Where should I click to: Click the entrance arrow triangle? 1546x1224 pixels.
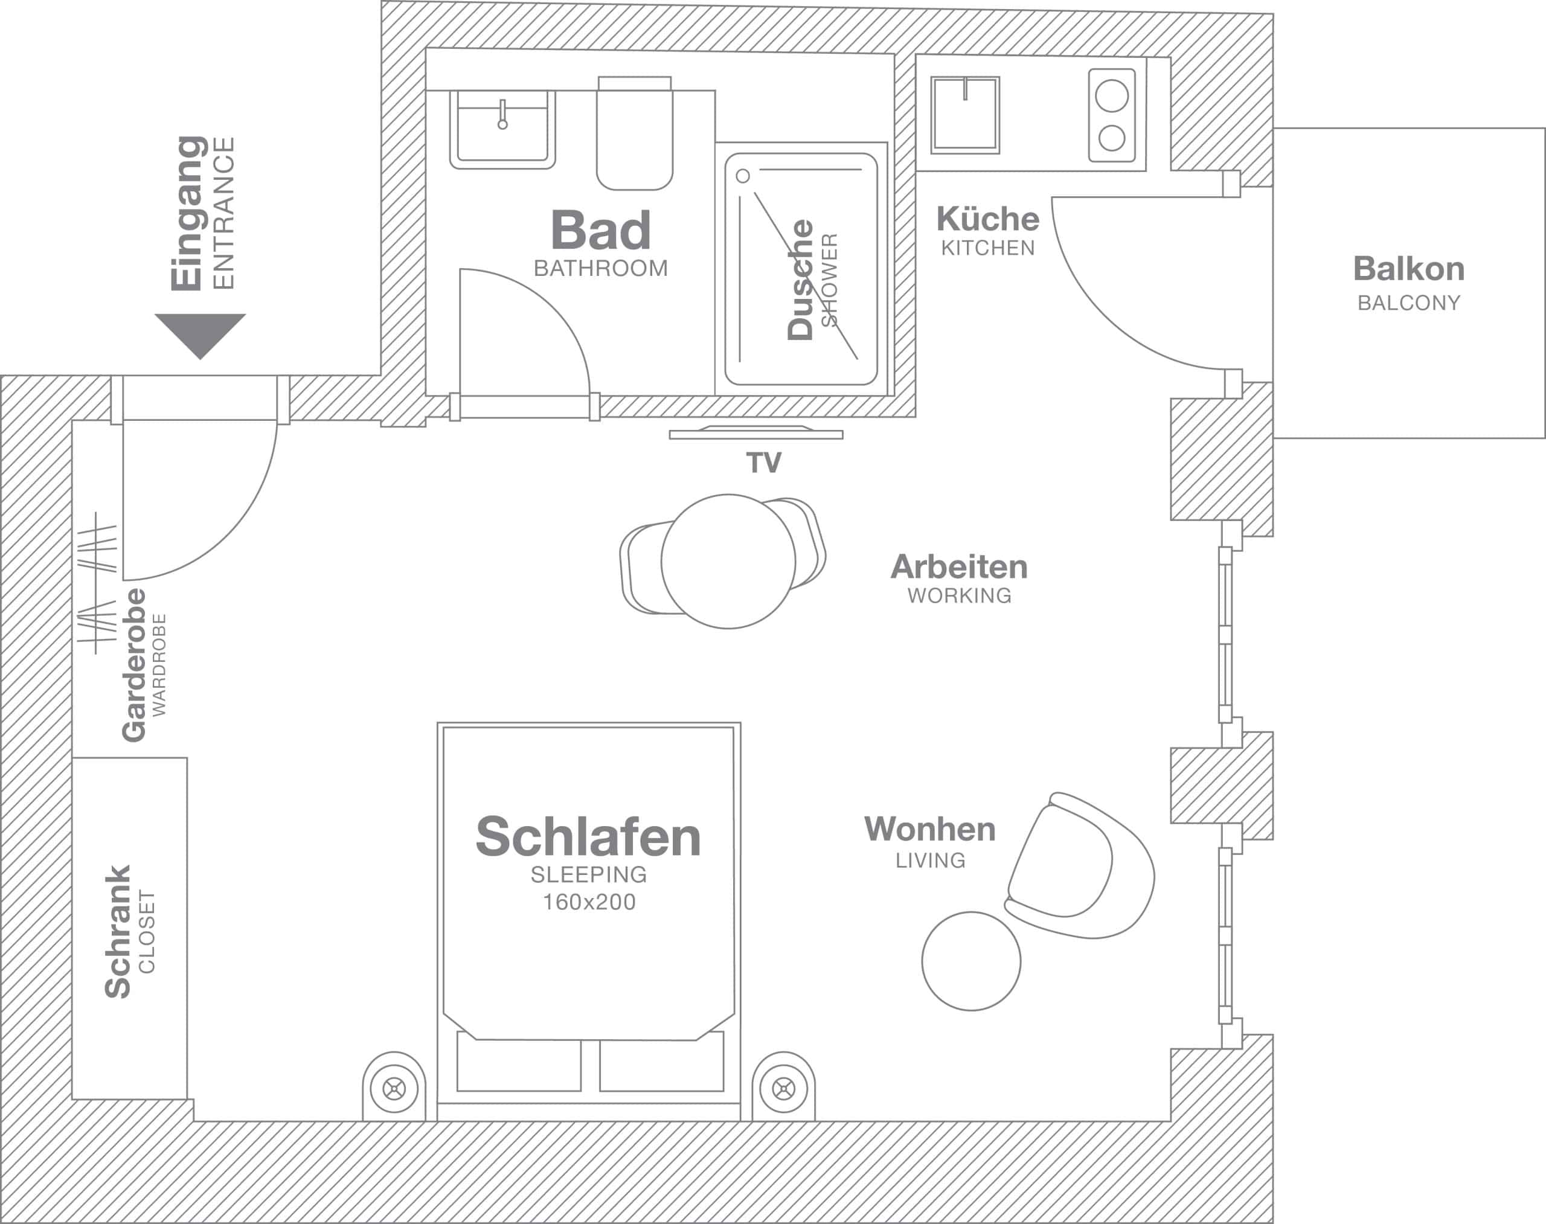(200, 332)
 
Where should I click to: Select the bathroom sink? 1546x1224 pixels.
(502, 131)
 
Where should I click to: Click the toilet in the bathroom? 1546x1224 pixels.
(634, 136)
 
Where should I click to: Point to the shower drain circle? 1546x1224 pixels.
(743, 176)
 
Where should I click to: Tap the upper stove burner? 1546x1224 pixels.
(1112, 96)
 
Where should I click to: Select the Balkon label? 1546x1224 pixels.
(1408, 269)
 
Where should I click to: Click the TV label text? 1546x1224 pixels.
(763, 463)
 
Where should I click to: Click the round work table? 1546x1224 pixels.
(728, 561)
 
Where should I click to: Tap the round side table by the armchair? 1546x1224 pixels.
(971, 961)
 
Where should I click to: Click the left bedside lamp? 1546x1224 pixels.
(394, 1089)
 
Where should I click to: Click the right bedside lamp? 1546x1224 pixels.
(783, 1089)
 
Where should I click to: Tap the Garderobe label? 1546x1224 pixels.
(135, 665)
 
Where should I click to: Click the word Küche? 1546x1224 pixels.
(987, 219)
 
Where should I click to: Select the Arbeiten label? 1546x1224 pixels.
(959, 567)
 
